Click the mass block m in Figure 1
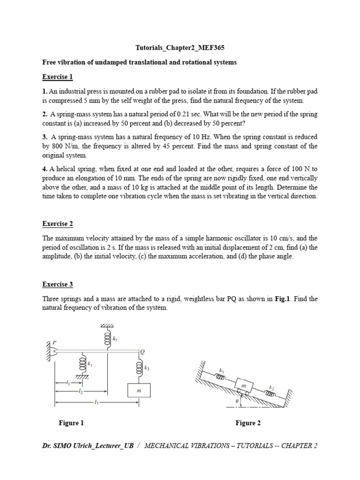[x=139, y=390]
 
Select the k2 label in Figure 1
[x=115, y=339]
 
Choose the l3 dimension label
[x=96, y=402]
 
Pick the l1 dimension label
[x=68, y=383]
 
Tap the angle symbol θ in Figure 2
[x=237, y=401]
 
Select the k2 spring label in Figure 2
[x=271, y=388]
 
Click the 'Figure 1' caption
[x=71, y=423]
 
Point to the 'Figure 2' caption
[x=248, y=423]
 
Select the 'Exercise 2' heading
[x=58, y=224]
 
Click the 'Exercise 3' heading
[x=58, y=285]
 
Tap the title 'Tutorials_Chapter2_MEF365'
[x=177, y=48]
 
